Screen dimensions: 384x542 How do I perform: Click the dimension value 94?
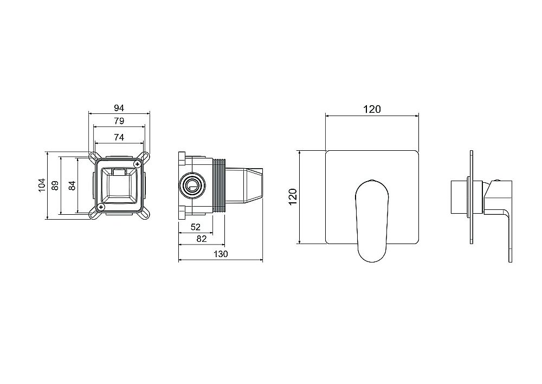(119, 107)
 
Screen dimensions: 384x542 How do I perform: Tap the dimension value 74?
(119, 138)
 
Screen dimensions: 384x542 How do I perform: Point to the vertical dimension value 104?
(41, 185)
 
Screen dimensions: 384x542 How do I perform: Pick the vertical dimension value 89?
(55, 185)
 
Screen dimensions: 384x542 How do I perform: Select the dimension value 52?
(196, 227)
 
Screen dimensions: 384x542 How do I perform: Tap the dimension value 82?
(201, 239)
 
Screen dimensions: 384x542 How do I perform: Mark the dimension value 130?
(220, 254)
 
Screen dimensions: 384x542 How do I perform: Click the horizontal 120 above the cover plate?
(371, 109)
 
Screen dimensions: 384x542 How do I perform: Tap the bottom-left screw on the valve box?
(101, 207)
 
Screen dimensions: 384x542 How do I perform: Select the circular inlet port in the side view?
(192, 185)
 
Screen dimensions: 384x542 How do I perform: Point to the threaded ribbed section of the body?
(220, 184)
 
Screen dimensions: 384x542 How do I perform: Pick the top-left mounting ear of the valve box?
(92, 156)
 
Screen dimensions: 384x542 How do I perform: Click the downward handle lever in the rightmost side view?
(509, 233)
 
